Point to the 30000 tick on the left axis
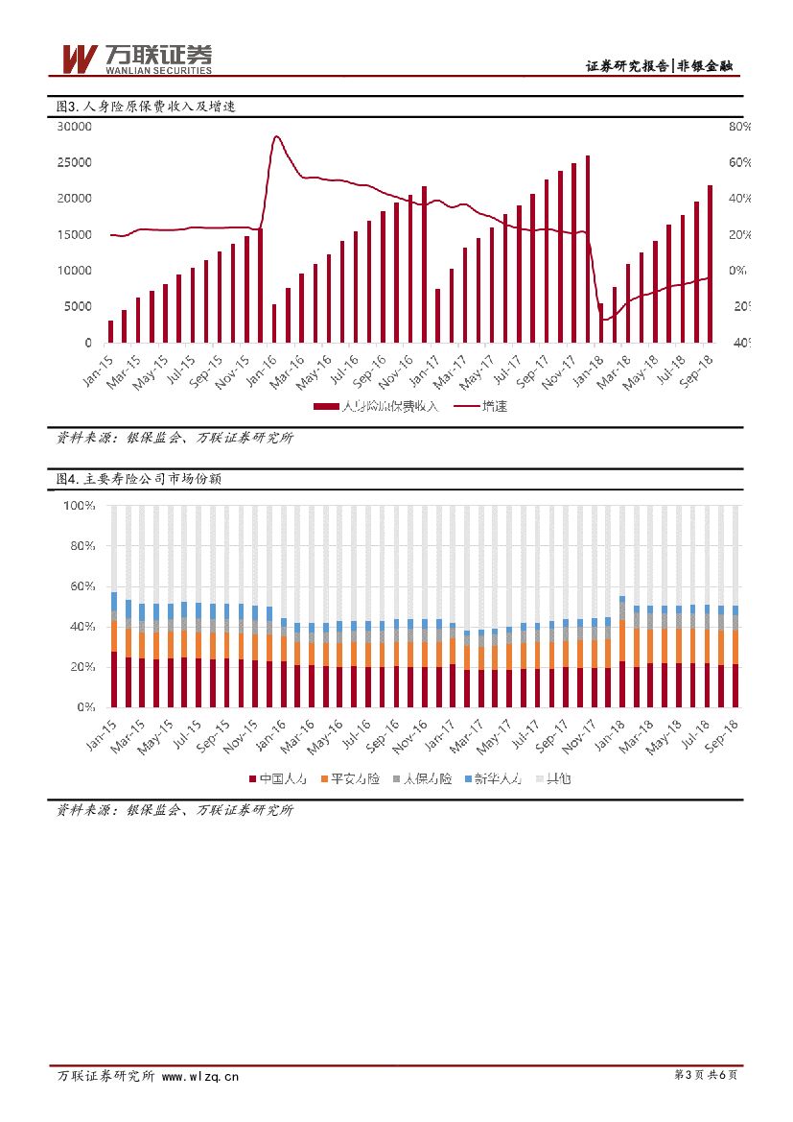click(74, 127)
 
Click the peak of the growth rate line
click(276, 136)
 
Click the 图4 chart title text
click(139, 478)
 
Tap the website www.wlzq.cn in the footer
click(200, 1076)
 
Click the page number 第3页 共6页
click(707, 1075)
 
